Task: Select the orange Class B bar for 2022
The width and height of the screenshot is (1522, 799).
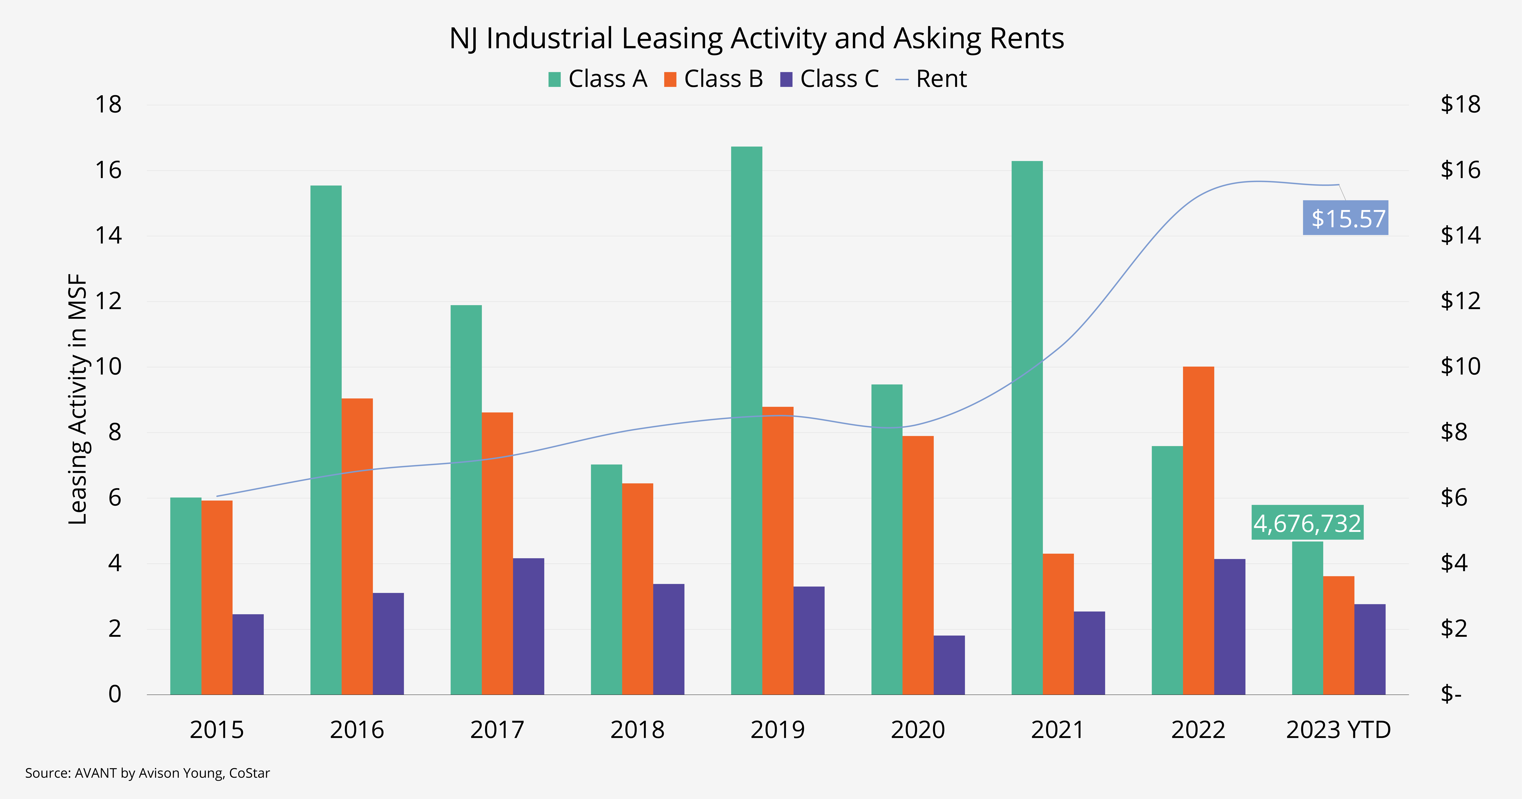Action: pyautogui.click(x=1198, y=531)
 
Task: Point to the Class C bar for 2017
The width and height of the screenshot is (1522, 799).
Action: pyautogui.click(x=528, y=626)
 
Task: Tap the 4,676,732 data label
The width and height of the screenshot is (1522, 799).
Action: pyautogui.click(x=1308, y=523)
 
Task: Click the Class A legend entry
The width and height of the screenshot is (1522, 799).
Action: pyautogui.click(x=597, y=79)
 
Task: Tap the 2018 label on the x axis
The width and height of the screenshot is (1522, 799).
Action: pyautogui.click(x=637, y=730)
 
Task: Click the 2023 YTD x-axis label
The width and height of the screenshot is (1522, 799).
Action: pyautogui.click(x=1338, y=730)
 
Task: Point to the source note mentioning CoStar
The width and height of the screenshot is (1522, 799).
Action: pyautogui.click(x=147, y=773)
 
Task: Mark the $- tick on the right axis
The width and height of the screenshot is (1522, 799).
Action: pyautogui.click(x=1451, y=694)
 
